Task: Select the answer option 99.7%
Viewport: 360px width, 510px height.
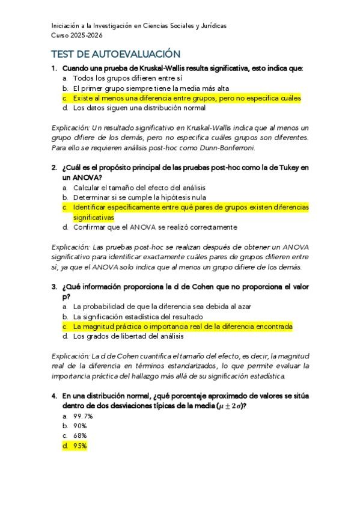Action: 82,416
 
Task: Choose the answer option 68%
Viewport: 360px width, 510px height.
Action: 79,435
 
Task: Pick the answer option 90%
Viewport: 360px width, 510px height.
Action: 79,425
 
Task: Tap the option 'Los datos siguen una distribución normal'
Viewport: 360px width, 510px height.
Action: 139,108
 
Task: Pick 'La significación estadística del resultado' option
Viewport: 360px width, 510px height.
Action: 138,316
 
